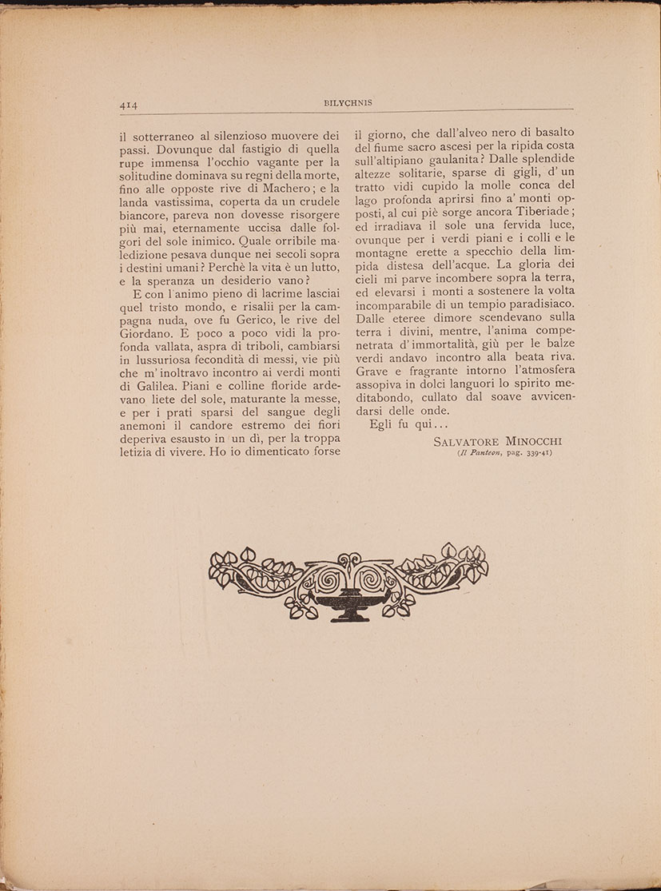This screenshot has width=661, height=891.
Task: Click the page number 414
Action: point(129,103)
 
